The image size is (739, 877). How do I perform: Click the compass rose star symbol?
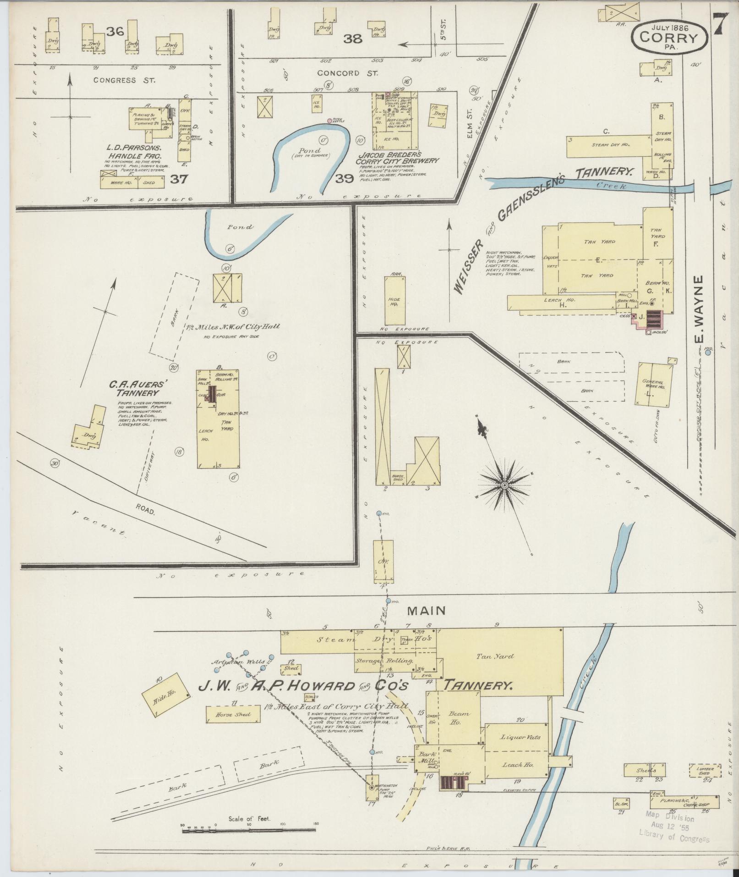[504, 485]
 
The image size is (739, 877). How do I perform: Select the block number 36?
[115, 32]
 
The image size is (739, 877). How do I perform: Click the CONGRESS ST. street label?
[124, 80]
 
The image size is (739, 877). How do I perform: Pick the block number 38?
[353, 39]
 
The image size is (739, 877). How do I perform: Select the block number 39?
[345, 179]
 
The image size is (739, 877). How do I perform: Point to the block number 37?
[178, 179]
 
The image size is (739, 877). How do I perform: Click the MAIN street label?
[426, 611]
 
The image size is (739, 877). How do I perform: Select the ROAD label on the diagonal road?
[145, 509]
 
